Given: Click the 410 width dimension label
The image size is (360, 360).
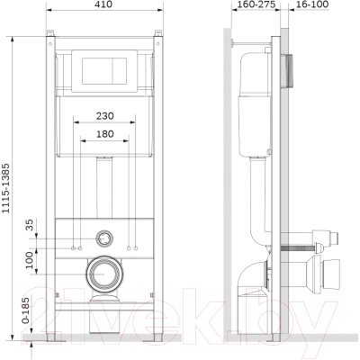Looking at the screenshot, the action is click(x=104, y=4).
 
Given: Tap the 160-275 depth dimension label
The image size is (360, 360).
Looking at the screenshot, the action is click(x=256, y=4).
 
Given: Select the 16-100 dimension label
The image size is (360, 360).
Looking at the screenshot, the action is click(x=312, y=4).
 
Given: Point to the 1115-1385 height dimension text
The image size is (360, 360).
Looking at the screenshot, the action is click(x=6, y=188).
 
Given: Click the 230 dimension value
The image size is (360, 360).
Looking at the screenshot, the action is click(x=105, y=116).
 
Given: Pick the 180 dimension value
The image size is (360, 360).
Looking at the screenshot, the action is click(x=105, y=134).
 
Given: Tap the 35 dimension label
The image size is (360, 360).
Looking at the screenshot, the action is click(x=30, y=224).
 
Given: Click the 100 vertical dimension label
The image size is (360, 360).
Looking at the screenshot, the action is click(x=30, y=260).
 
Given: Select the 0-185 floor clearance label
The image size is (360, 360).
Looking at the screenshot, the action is click(x=26, y=310).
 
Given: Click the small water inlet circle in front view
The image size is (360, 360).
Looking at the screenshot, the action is click(x=104, y=238).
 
